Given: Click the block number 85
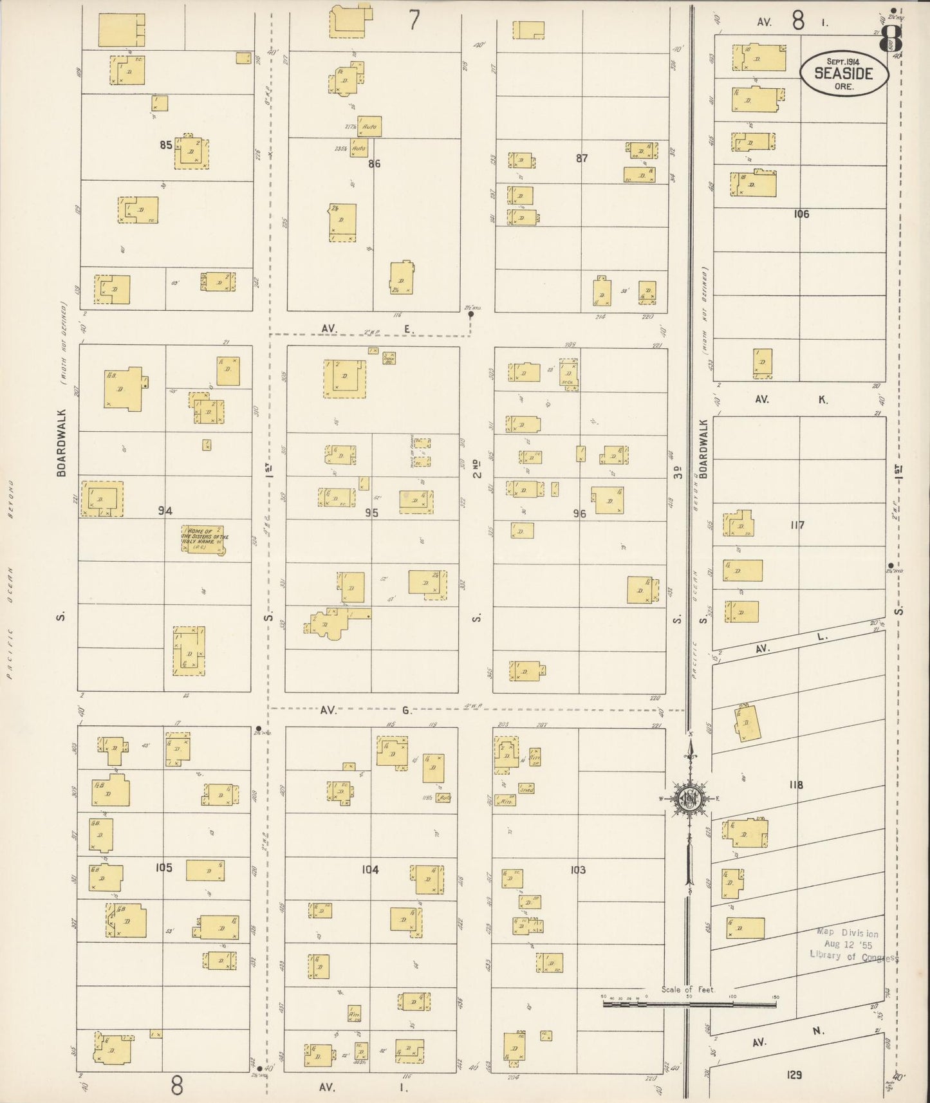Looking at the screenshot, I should [166, 145].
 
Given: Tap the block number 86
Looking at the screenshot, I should [374, 163].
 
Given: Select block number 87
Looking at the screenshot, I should [582, 158].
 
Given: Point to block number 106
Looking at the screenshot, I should [801, 214].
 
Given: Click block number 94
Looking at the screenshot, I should [165, 511].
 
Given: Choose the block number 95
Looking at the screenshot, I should [371, 513].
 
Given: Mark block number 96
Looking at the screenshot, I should [580, 514].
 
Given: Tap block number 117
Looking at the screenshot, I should [797, 525].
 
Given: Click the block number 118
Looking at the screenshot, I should [795, 784].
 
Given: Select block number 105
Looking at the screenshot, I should [163, 867].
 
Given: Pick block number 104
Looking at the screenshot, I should [370, 869].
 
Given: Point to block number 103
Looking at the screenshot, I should [578, 869].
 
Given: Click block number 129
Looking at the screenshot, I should [794, 1074].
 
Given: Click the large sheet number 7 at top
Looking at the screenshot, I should [414, 20].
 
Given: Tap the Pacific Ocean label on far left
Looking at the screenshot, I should [10, 579].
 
